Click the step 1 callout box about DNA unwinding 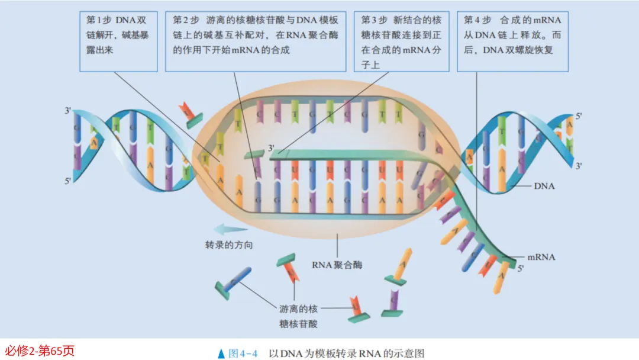click(x=118, y=41)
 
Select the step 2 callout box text click(x=255, y=41)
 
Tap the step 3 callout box click(x=401, y=41)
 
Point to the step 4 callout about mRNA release click(x=512, y=41)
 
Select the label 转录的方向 click(x=228, y=245)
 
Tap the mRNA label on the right click(x=541, y=257)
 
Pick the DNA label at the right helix click(x=544, y=186)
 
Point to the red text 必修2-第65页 click(x=39, y=351)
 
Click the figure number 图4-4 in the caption click(x=243, y=353)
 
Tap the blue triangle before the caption click(x=221, y=353)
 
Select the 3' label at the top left click(x=69, y=111)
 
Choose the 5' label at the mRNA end click(x=521, y=269)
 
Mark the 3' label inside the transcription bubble click(x=272, y=147)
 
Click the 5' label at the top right click(x=579, y=116)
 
